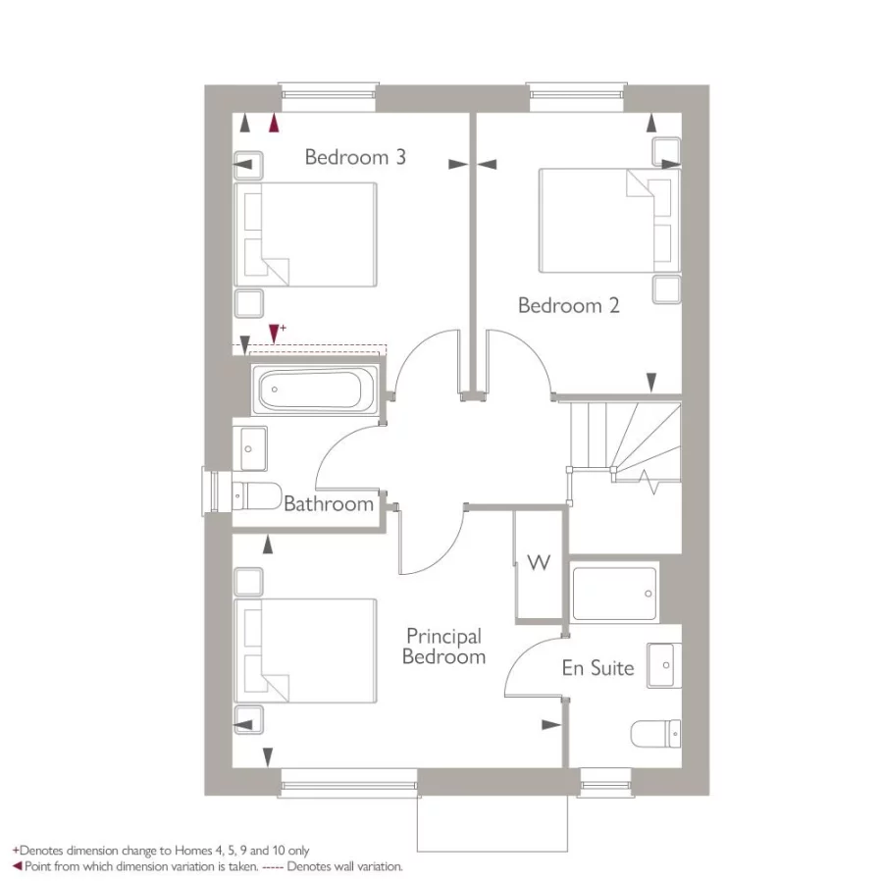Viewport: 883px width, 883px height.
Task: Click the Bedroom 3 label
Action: pyautogui.click(x=355, y=157)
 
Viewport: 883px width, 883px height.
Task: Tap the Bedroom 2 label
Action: pyautogui.click(x=568, y=305)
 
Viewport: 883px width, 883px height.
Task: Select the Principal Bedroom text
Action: pyautogui.click(x=444, y=647)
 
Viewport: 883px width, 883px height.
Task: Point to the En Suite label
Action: pyautogui.click(x=597, y=668)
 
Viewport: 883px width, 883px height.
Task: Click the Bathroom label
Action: pyautogui.click(x=329, y=504)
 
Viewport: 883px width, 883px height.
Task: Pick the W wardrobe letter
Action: pyautogui.click(x=539, y=562)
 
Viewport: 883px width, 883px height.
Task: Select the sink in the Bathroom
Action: pyautogui.click(x=251, y=448)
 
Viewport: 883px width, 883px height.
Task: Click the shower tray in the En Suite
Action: pyautogui.click(x=615, y=592)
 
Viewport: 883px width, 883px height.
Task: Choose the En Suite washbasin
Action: pyautogui.click(x=664, y=666)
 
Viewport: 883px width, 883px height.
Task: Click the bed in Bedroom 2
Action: pyautogui.click(x=608, y=221)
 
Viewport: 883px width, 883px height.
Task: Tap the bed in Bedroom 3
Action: pyautogui.click(x=305, y=235)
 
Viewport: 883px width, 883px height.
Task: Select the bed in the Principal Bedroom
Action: pyautogui.click(x=305, y=649)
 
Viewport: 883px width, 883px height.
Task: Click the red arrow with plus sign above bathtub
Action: pyautogui.click(x=274, y=333)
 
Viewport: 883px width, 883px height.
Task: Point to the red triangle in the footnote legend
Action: pyautogui.click(x=17, y=866)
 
